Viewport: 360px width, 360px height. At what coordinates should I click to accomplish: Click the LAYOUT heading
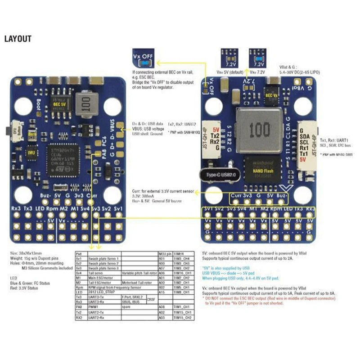point(18,39)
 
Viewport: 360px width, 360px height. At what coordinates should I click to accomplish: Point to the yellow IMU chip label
point(31,153)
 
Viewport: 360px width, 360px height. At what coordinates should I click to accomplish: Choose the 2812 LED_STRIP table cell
point(103,292)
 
